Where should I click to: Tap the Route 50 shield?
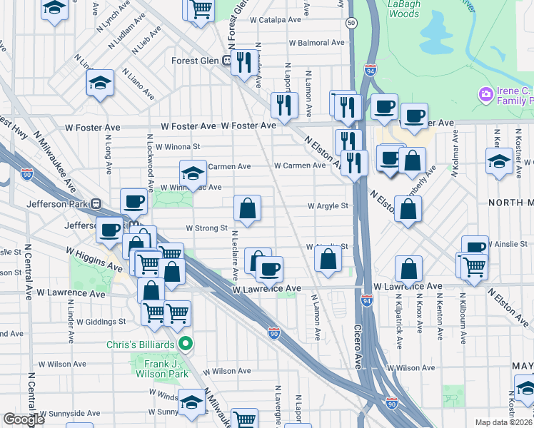click(x=351, y=23)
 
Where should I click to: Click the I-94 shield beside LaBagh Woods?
click(x=369, y=70)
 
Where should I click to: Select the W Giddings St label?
click(x=101, y=322)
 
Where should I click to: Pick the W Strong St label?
click(x=206, y=229)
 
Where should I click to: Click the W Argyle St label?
click(x=328, y=206)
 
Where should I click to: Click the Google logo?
click(x=24, y=419)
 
